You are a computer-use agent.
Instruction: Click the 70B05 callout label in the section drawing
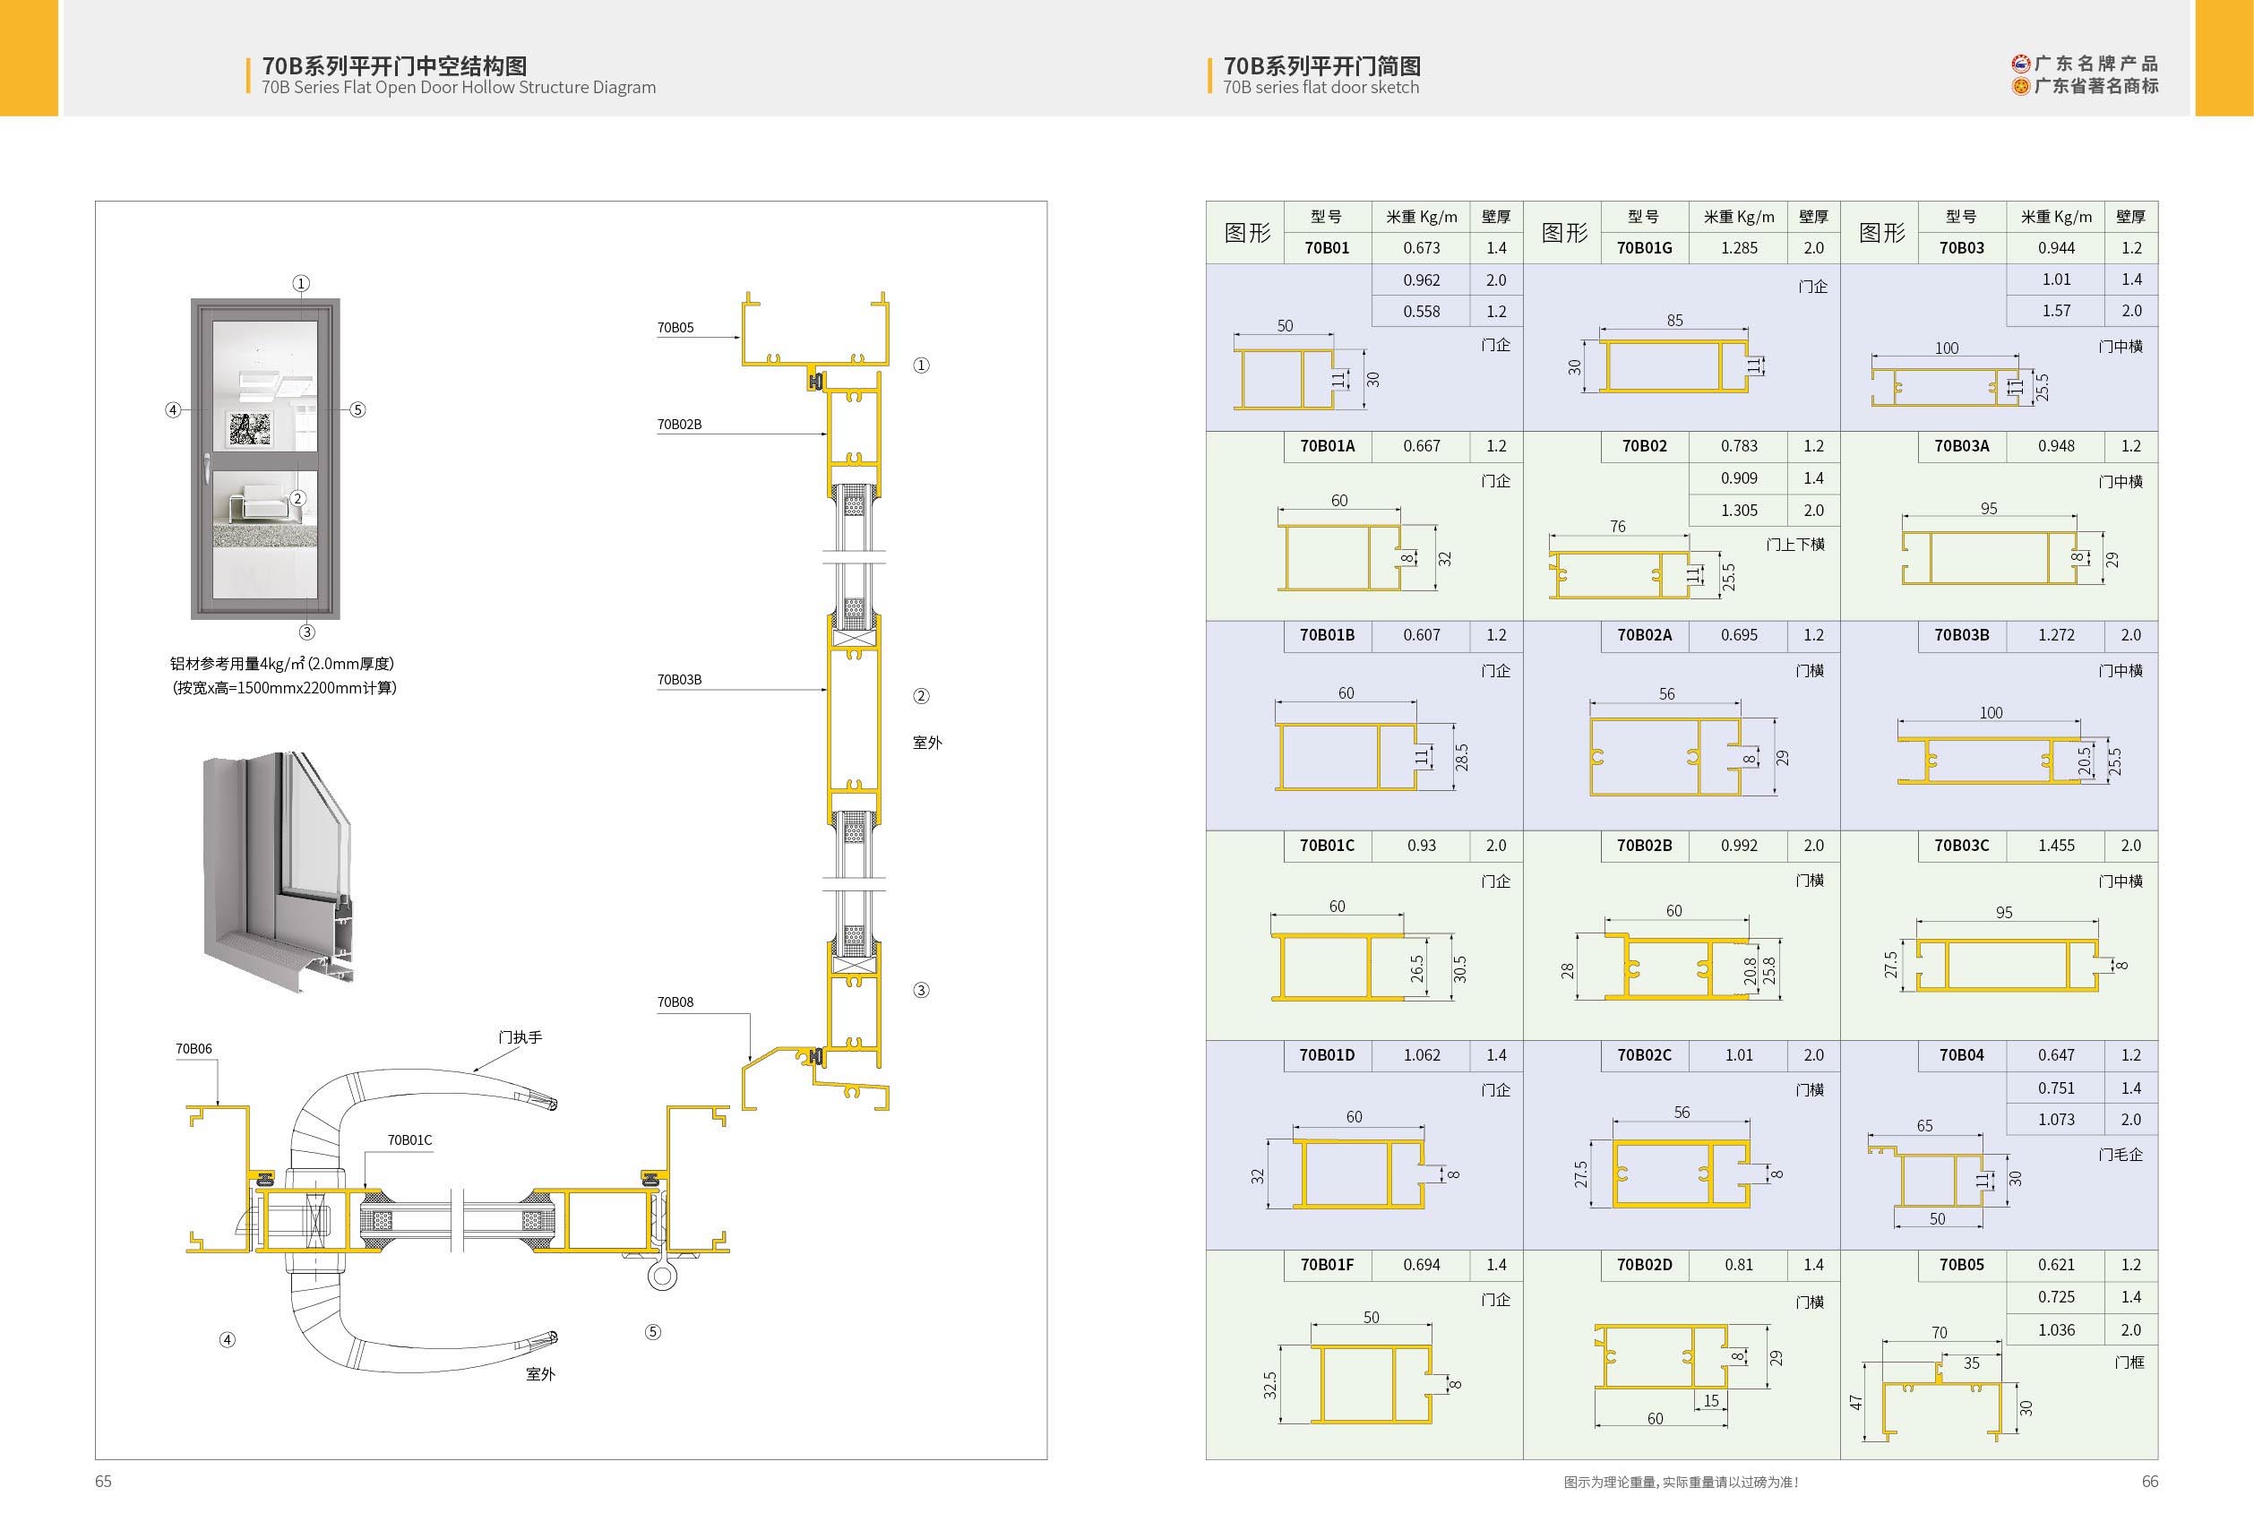click(675, 328)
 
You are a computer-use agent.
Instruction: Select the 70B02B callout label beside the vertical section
click(679, 424)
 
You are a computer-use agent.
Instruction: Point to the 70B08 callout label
click(675, 1002)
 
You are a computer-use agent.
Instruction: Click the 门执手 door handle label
click(520, 1037)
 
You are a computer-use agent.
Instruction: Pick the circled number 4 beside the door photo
click(173, 410)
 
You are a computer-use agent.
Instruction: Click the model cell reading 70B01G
click(1644, 247)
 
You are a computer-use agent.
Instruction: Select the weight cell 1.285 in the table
click(1739, 247)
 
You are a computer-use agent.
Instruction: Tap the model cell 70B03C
click(1961, 846)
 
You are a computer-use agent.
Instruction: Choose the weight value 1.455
click(2056, 846)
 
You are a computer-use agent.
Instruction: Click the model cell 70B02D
click(1644, 1265)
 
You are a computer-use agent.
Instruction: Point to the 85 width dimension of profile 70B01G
click(1674, 320)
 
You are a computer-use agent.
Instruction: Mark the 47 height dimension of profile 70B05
click(1856, 1402)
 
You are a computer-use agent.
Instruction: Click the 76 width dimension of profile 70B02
click(1618, 527)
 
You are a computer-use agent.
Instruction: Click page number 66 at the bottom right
click(2150, 1481)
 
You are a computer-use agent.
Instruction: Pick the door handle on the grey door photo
click(209, 469)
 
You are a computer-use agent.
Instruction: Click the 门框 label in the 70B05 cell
click(2129, 1363)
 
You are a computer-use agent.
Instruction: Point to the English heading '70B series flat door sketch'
click(1321, 87)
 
